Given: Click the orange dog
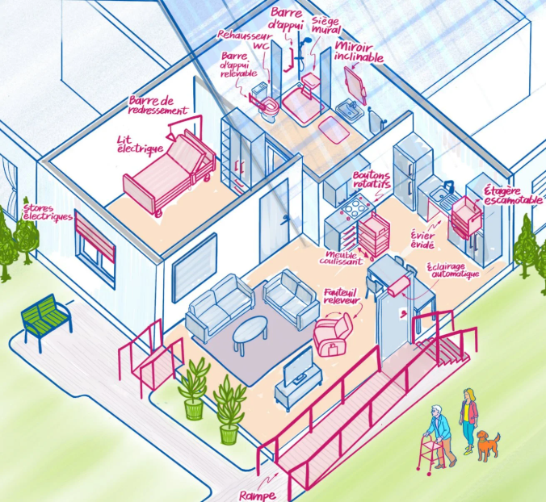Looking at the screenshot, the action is point(488,446).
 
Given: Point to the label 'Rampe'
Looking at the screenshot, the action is point(258,495).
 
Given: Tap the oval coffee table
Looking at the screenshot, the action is point(250,332).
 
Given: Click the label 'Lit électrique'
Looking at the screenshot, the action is point(140,144).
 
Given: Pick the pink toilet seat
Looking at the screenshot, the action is point(269,104).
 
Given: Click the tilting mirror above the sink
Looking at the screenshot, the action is point(355,84).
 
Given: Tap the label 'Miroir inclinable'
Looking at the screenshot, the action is point(359,52).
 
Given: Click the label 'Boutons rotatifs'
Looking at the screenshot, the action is point(372,179).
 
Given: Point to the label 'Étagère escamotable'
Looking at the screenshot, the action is point(513,195).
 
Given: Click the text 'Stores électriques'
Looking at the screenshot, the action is point(48,213).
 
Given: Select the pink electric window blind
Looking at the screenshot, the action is point(94,236).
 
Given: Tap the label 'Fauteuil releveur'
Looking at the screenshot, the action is point(342,296).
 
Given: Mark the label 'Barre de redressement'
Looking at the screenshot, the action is point(157,106).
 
